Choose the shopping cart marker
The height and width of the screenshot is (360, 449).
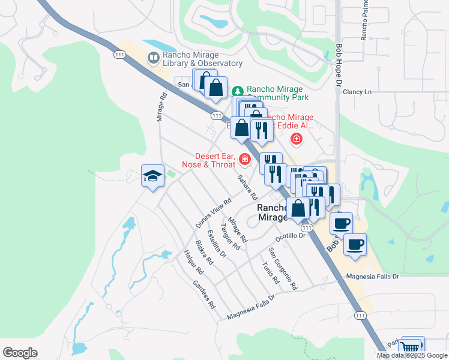411,347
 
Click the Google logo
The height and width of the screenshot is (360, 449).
20,353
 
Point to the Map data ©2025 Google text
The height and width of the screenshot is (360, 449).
412,355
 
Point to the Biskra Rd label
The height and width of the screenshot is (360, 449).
204,253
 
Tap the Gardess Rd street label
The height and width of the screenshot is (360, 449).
203,294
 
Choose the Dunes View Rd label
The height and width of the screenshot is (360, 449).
213,213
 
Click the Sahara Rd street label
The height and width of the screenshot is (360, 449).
247,187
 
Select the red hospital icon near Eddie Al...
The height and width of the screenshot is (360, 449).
295,140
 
